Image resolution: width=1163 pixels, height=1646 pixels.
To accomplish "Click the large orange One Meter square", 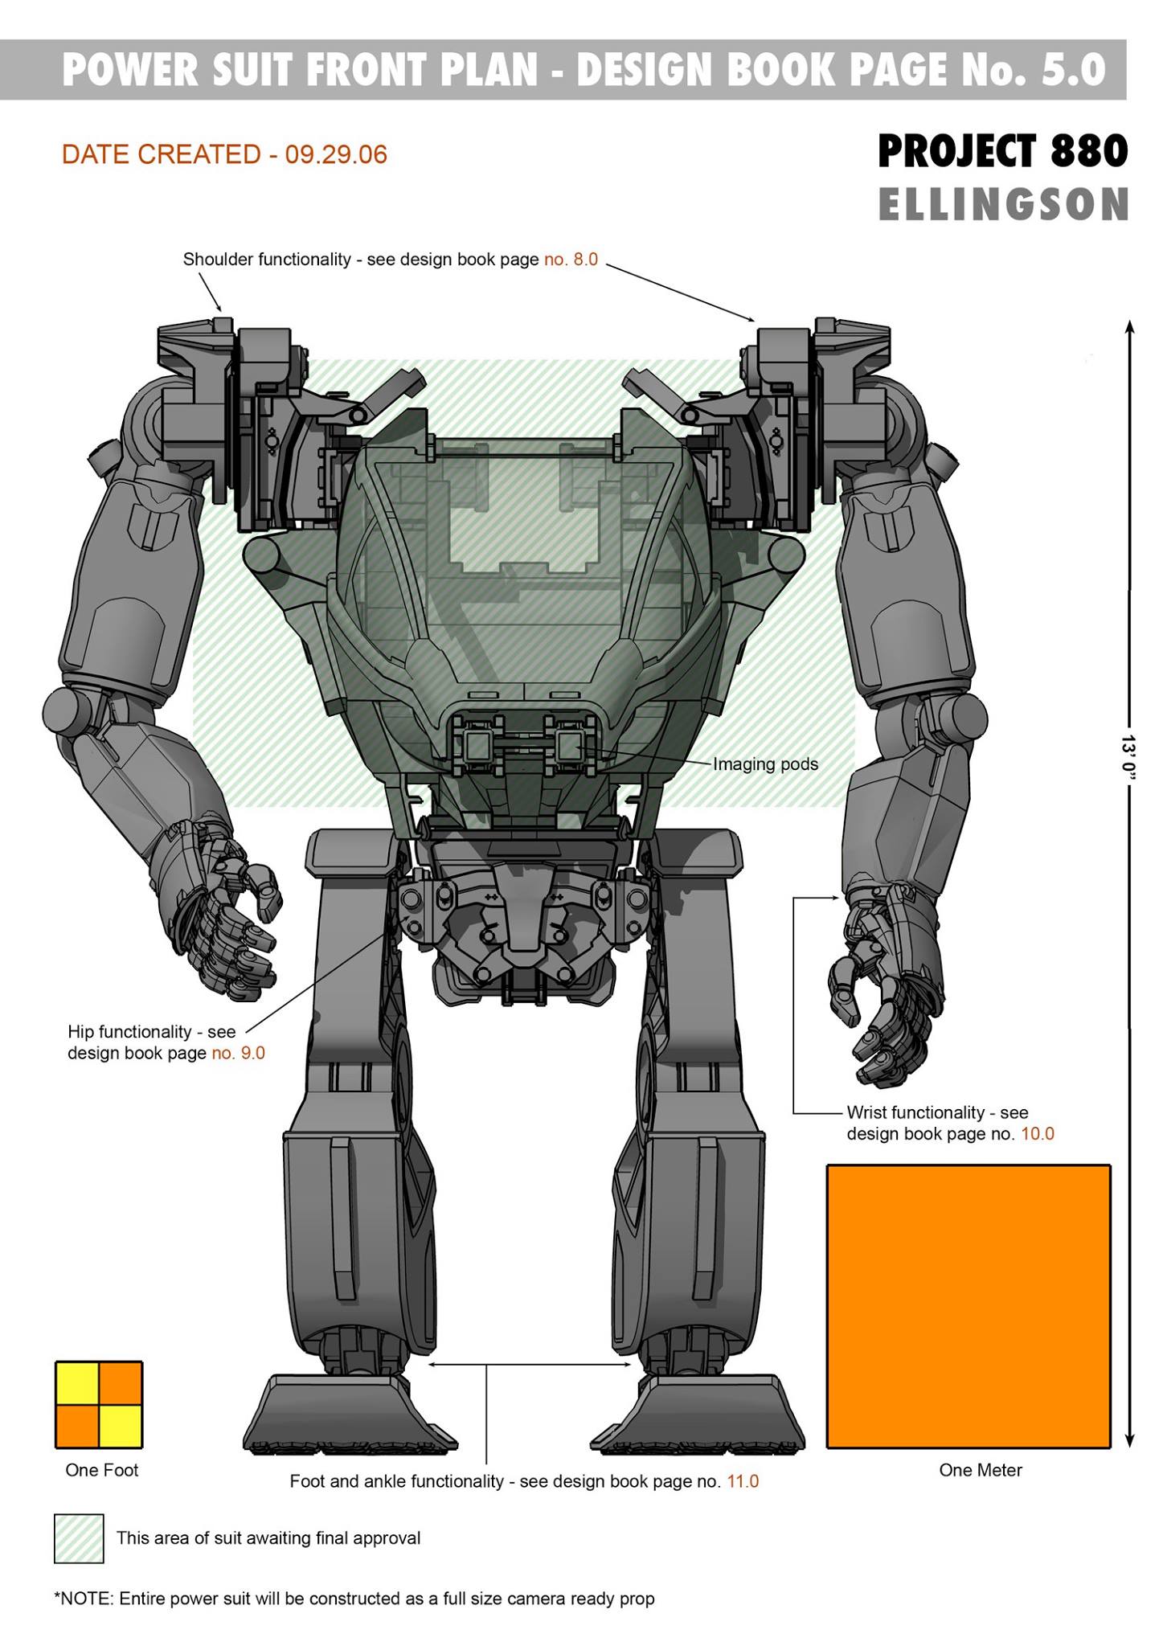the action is pos(968,1306).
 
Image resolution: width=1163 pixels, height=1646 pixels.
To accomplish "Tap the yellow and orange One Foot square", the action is pos(99,1404).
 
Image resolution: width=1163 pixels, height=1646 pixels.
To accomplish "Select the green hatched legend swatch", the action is pos(79,1538).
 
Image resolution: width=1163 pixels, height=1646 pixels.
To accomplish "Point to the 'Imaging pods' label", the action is pos(765,764).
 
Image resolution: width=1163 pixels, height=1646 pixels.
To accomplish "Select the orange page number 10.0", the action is pos(1037,1134).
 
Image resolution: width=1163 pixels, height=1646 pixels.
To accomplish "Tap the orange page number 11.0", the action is pos(743,1481).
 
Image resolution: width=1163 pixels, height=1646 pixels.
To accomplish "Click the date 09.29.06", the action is pos(336,154).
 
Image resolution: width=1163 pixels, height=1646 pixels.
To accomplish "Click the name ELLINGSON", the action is pos(1004,205).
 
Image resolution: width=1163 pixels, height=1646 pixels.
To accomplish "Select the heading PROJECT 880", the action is pos(1003,151).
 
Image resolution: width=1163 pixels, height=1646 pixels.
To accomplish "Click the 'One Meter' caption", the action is pos(981,1470).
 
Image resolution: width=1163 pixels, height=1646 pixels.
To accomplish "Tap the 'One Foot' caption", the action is pos(102,1470).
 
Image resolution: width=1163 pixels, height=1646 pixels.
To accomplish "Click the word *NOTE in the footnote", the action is pos(84,1599).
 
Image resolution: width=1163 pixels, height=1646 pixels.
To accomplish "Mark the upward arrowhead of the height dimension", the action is pos(1129,326).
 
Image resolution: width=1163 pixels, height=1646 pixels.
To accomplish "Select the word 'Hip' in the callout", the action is pos(80,1031).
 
